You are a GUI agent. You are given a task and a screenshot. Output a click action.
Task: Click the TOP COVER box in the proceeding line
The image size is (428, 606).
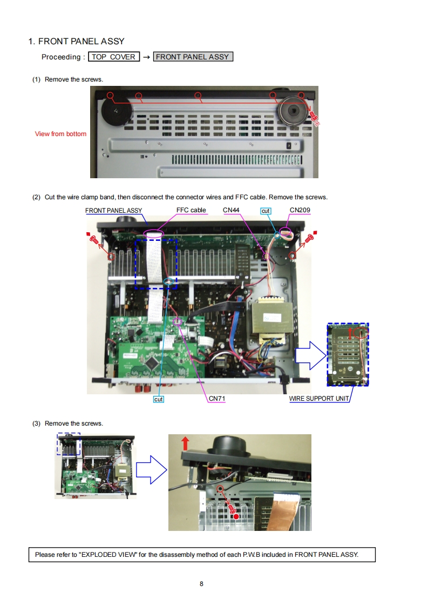coord(114,57)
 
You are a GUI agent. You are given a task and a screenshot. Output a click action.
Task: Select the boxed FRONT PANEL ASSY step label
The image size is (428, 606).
coord(193,57)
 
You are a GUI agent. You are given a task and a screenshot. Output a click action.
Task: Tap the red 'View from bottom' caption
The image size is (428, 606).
coord(60,134)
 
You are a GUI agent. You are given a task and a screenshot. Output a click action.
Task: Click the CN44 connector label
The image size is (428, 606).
coord(231,210)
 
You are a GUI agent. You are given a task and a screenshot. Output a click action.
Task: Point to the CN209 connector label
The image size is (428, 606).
coord(300,210)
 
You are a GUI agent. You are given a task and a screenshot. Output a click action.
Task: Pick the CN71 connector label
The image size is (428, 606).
coord(217,399)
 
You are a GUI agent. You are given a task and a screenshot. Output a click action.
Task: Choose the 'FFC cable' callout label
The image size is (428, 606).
coord(191,210)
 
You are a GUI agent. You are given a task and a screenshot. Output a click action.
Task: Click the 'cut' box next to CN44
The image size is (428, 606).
coord(266,211)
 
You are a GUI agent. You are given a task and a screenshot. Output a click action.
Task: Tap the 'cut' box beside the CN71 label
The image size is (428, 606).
coord(159,399)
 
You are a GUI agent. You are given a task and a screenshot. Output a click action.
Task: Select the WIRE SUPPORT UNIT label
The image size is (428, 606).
coord(319,399)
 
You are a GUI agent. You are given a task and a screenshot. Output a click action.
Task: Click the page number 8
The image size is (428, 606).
coord(201,584)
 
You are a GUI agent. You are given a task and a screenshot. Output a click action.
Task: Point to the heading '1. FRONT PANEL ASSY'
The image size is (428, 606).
coord(77,42)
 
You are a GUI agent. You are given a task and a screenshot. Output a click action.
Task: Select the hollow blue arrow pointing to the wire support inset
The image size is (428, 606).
coord(311,355)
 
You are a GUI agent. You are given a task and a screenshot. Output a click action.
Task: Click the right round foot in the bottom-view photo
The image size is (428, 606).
coord(293,110)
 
